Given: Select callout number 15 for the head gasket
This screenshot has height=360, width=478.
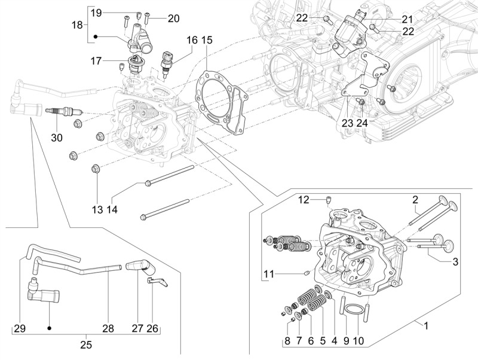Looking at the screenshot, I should click(x=207, y=40).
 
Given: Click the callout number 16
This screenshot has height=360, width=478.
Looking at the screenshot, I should click(x=191, y=40).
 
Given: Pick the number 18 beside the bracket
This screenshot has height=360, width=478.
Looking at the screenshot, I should click(x=77, y=25).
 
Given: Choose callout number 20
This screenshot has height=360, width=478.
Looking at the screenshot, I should click(x=173, y=19).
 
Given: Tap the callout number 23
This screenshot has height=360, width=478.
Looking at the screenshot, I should click(x=348, y=123).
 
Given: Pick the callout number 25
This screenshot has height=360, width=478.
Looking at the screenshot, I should click(x=86, y=344).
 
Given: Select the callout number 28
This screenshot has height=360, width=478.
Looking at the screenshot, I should click(x=108, y=329).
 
